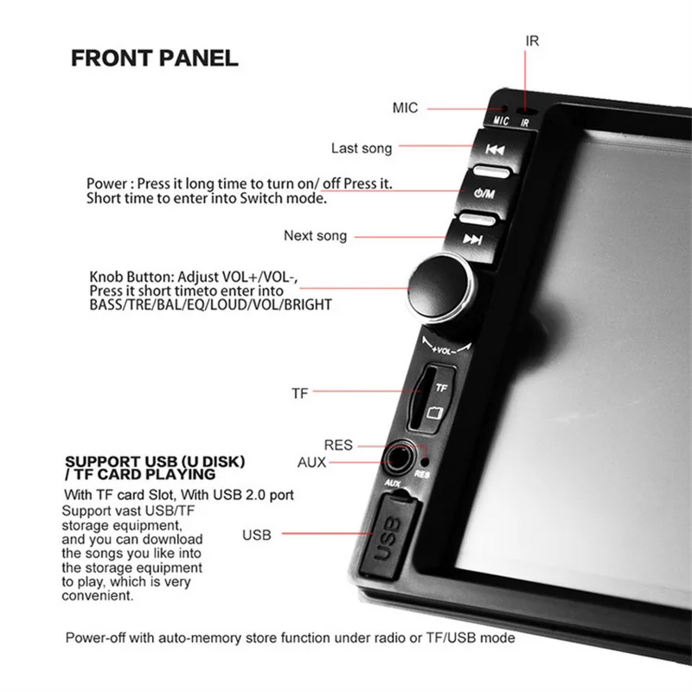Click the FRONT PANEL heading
154,59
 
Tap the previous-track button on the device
495,150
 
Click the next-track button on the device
472,239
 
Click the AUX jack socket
399,458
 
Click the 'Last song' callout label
361,149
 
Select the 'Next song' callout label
315,236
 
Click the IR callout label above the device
532,41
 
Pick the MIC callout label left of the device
405,108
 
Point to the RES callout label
338,445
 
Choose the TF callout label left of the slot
299,393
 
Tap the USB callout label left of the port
257,535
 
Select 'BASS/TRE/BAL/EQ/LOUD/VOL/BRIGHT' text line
210,305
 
